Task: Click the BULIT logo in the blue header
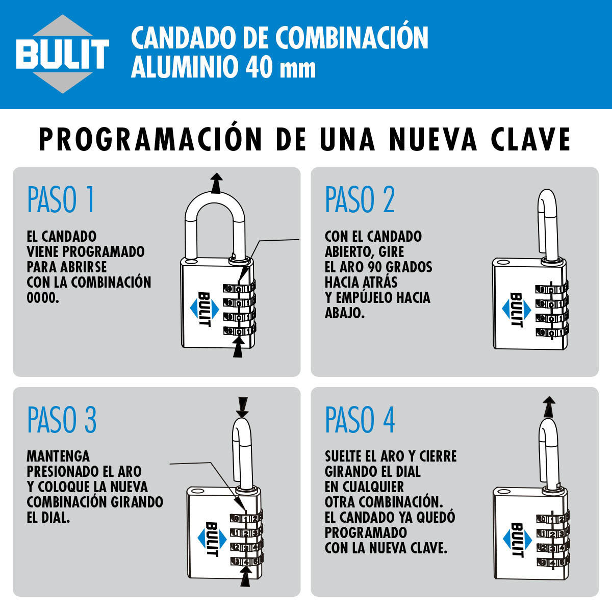(x=63, y=54)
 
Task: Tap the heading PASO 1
(x=61, y=199)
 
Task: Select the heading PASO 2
(x=360, y=199)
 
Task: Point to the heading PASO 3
(x=62, y=420)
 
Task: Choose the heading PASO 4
(x=360, y=420)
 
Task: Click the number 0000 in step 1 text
(x=43, y=298)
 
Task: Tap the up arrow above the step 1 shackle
(x=216, y=183)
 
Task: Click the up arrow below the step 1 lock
(x=239, y=347)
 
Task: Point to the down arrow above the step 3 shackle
(x=243, y=407)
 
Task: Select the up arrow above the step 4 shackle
(x=549, y=407)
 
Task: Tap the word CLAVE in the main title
(x=531, y=139)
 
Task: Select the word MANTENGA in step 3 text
(x=58, y=456)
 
